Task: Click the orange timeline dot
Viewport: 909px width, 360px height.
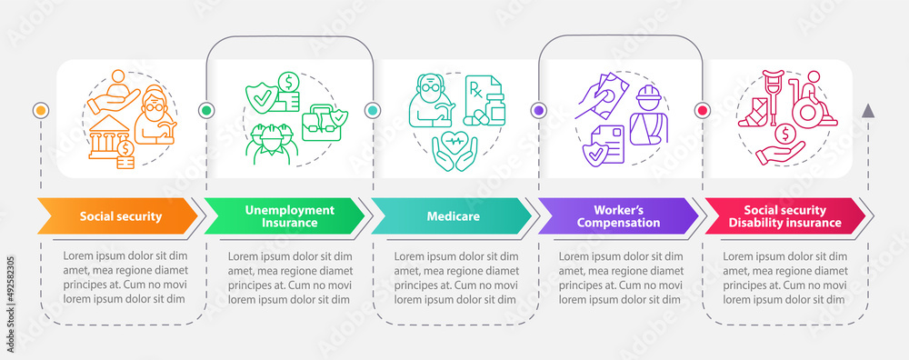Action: (39, 110)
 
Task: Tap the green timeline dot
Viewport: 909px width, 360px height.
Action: (205, 110)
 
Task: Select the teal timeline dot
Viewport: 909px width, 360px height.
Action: (372, 110)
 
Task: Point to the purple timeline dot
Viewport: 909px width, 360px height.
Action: (538, 110)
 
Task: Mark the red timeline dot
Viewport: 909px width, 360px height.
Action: (703, 110)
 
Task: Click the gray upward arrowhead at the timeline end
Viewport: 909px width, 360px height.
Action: (868, 111)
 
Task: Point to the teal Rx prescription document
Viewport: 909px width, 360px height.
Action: (479, 96)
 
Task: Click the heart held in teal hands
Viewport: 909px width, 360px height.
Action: (454, 148)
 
